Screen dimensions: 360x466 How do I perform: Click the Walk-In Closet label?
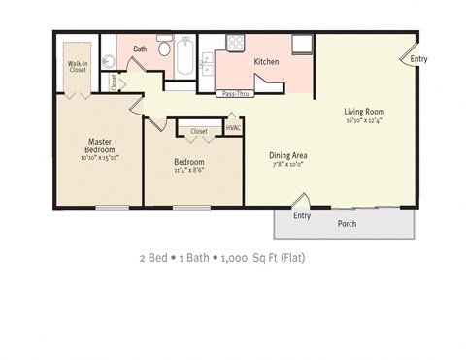click(x=78, y=67)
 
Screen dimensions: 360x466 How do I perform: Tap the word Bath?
click(x=140, y=49)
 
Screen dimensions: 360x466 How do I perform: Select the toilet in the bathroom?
click(x=165, y=49)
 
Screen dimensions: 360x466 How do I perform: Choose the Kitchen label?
click(x=267, y=62)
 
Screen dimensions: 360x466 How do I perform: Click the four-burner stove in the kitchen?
click(x=234, y=42)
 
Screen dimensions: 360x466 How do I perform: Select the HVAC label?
click(x=233, y=127)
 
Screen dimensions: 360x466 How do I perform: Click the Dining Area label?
click(x=288, y=155)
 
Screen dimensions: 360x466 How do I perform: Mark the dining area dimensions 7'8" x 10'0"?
click(x=288, y=165)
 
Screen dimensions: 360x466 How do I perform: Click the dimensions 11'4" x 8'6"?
click(x=189, y=171)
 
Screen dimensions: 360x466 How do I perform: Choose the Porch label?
click(x=346, y=224)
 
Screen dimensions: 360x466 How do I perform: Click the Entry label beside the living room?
click(x=418, y=59)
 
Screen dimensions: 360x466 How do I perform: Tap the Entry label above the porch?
click(x=302, y=215)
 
